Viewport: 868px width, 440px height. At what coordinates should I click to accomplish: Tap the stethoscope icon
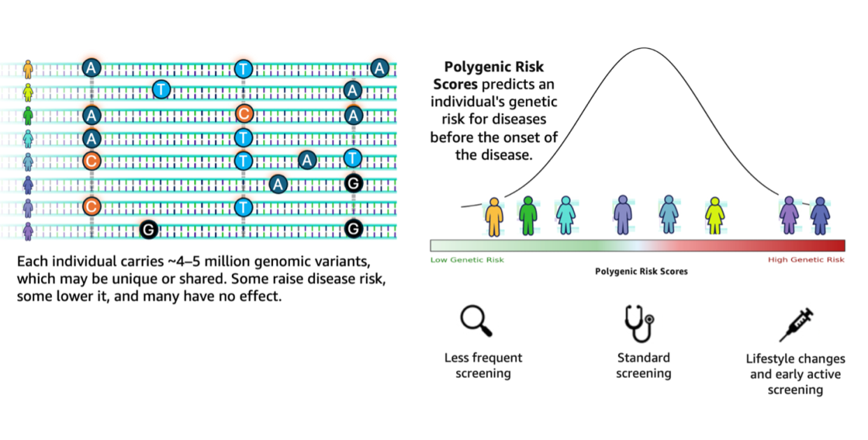pos(639,323)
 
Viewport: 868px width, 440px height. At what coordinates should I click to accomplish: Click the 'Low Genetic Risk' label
pos(466,260)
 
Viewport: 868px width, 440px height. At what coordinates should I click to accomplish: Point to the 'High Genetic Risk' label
pos(806,260)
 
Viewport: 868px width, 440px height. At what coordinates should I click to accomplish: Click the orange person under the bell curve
pos(494,216)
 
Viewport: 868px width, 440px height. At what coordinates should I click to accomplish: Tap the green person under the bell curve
pos(528,215)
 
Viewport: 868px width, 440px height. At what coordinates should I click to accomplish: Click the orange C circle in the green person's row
pos(243,115)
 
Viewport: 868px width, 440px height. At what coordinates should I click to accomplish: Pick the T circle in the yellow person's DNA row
pos(161,89)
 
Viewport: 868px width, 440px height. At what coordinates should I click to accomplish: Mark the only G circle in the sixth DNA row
pos(354,184)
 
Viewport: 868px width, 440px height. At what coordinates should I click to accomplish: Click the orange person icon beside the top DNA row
pos(28,68)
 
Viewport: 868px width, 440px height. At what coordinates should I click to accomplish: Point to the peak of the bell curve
pos(643,48)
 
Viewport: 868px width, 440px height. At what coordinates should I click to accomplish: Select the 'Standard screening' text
pos(644,365)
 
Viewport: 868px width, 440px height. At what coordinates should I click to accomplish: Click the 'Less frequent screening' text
pos(483,365)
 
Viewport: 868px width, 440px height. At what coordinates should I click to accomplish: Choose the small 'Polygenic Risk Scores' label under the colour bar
pos(641,271)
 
